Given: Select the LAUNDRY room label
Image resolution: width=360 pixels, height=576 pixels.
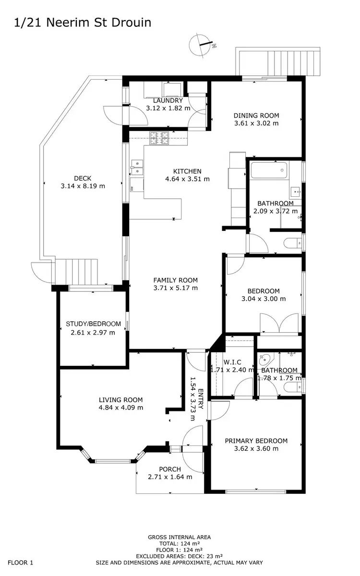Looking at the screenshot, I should [x=168, y=101].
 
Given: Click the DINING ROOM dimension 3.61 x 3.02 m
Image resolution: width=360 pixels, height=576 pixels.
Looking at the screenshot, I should [x=256, y=123].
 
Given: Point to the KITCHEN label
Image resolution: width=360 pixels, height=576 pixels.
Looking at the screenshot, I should [x=187, y=171].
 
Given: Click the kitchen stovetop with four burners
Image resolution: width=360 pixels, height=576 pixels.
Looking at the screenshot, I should [x=160, y=139].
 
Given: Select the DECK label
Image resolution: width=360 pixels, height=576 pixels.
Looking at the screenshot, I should [x=83, y=178].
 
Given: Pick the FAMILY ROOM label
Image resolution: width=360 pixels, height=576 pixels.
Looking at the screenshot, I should [x=175, y=280].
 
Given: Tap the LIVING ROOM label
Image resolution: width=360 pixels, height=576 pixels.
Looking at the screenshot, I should [x=120, y=400].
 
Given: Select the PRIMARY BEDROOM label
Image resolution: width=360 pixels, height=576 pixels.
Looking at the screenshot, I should [x=256, y=441].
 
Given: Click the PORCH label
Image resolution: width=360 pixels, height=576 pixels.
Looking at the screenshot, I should [x=170, y=469].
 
